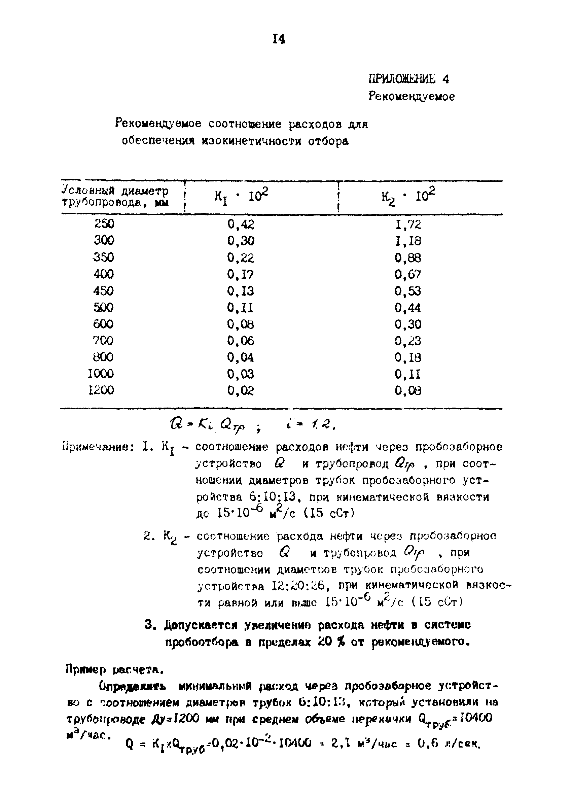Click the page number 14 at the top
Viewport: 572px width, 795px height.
coord(279,39)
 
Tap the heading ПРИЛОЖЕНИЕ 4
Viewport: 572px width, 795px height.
coord(408,79)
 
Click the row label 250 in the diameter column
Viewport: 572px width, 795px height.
coord(104,223)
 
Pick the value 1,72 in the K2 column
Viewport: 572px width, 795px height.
coord(408,224)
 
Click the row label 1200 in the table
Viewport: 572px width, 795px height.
coord(101,390)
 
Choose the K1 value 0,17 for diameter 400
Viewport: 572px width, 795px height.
coord(241,274)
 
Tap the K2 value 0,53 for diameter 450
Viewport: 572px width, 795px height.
coord(408,291)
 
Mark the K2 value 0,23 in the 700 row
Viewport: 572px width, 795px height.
coord(408,341)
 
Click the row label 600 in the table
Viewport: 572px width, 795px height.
coord(103,324)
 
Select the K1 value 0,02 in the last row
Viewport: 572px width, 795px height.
coord(241,390)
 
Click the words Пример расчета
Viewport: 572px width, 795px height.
coord(114,670)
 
